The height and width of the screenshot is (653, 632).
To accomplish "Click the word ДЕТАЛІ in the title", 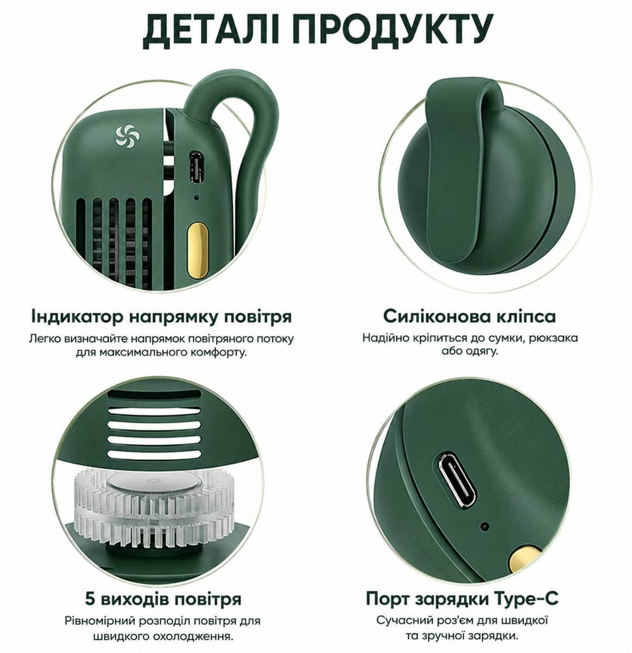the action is pyautogui.click(x=211, y=29).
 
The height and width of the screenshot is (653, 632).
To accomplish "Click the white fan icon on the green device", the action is pyautogui.click(x=127, y=135).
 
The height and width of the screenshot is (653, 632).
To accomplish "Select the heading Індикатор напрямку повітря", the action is pyautogui.click(x=162, y=317).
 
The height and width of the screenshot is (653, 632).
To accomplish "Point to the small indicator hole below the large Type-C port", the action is pyautogui.click(x=484, y=526).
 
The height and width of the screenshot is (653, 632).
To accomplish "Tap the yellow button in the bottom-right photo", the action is pyautogui.click(x=524, y=560).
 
